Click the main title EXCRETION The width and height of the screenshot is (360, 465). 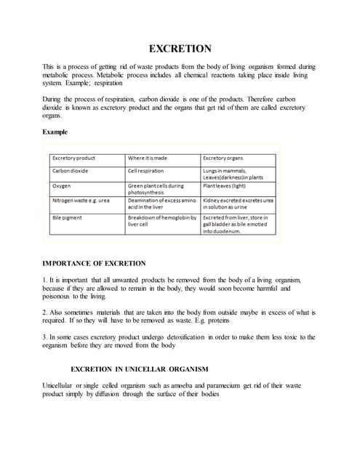coord(180,49)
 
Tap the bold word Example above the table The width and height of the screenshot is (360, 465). coord(56,133)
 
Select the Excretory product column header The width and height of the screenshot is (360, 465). coord(73,158)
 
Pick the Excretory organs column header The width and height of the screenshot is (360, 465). coord(223,158)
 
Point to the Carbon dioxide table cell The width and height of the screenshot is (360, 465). coord(71,171)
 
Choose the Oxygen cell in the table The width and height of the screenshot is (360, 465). coord(62,185)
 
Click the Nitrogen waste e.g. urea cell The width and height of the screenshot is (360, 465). coord(81,200)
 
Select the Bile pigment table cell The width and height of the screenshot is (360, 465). coord(67,217)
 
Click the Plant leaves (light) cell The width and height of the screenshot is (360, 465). coord(224,185)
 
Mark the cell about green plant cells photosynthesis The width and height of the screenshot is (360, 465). coord(156,189)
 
